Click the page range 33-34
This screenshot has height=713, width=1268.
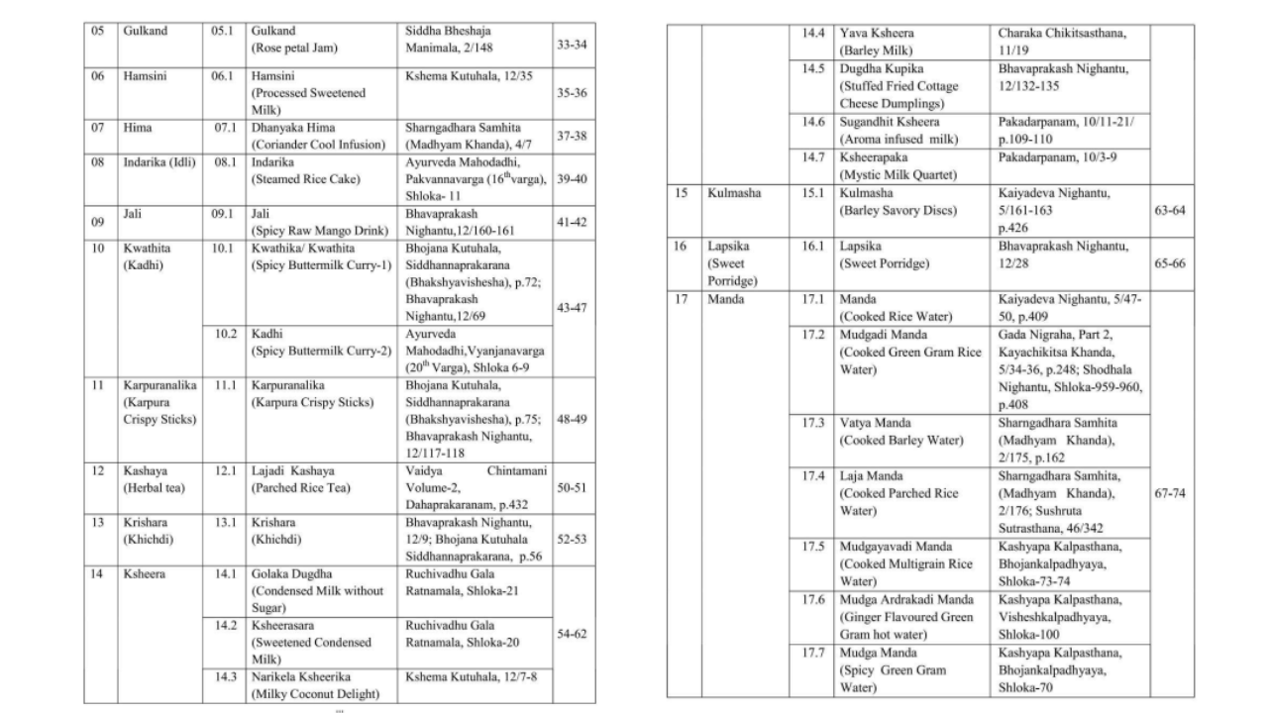coord(573,46)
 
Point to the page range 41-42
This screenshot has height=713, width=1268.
coord(573,223)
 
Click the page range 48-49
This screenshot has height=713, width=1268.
coord(573,419)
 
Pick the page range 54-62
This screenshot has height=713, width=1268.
coord(573,633)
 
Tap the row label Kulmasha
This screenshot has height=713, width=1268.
coord(734,193)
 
